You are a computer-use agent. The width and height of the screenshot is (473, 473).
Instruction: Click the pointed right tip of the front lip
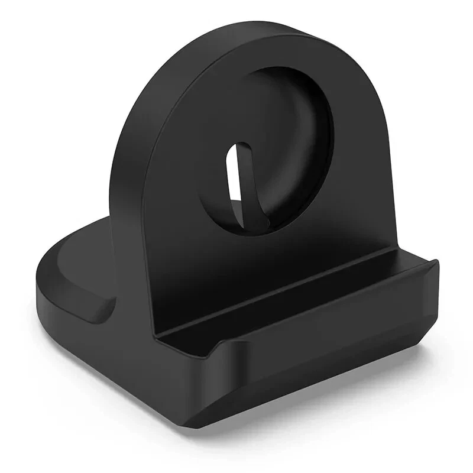point(436,264)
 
